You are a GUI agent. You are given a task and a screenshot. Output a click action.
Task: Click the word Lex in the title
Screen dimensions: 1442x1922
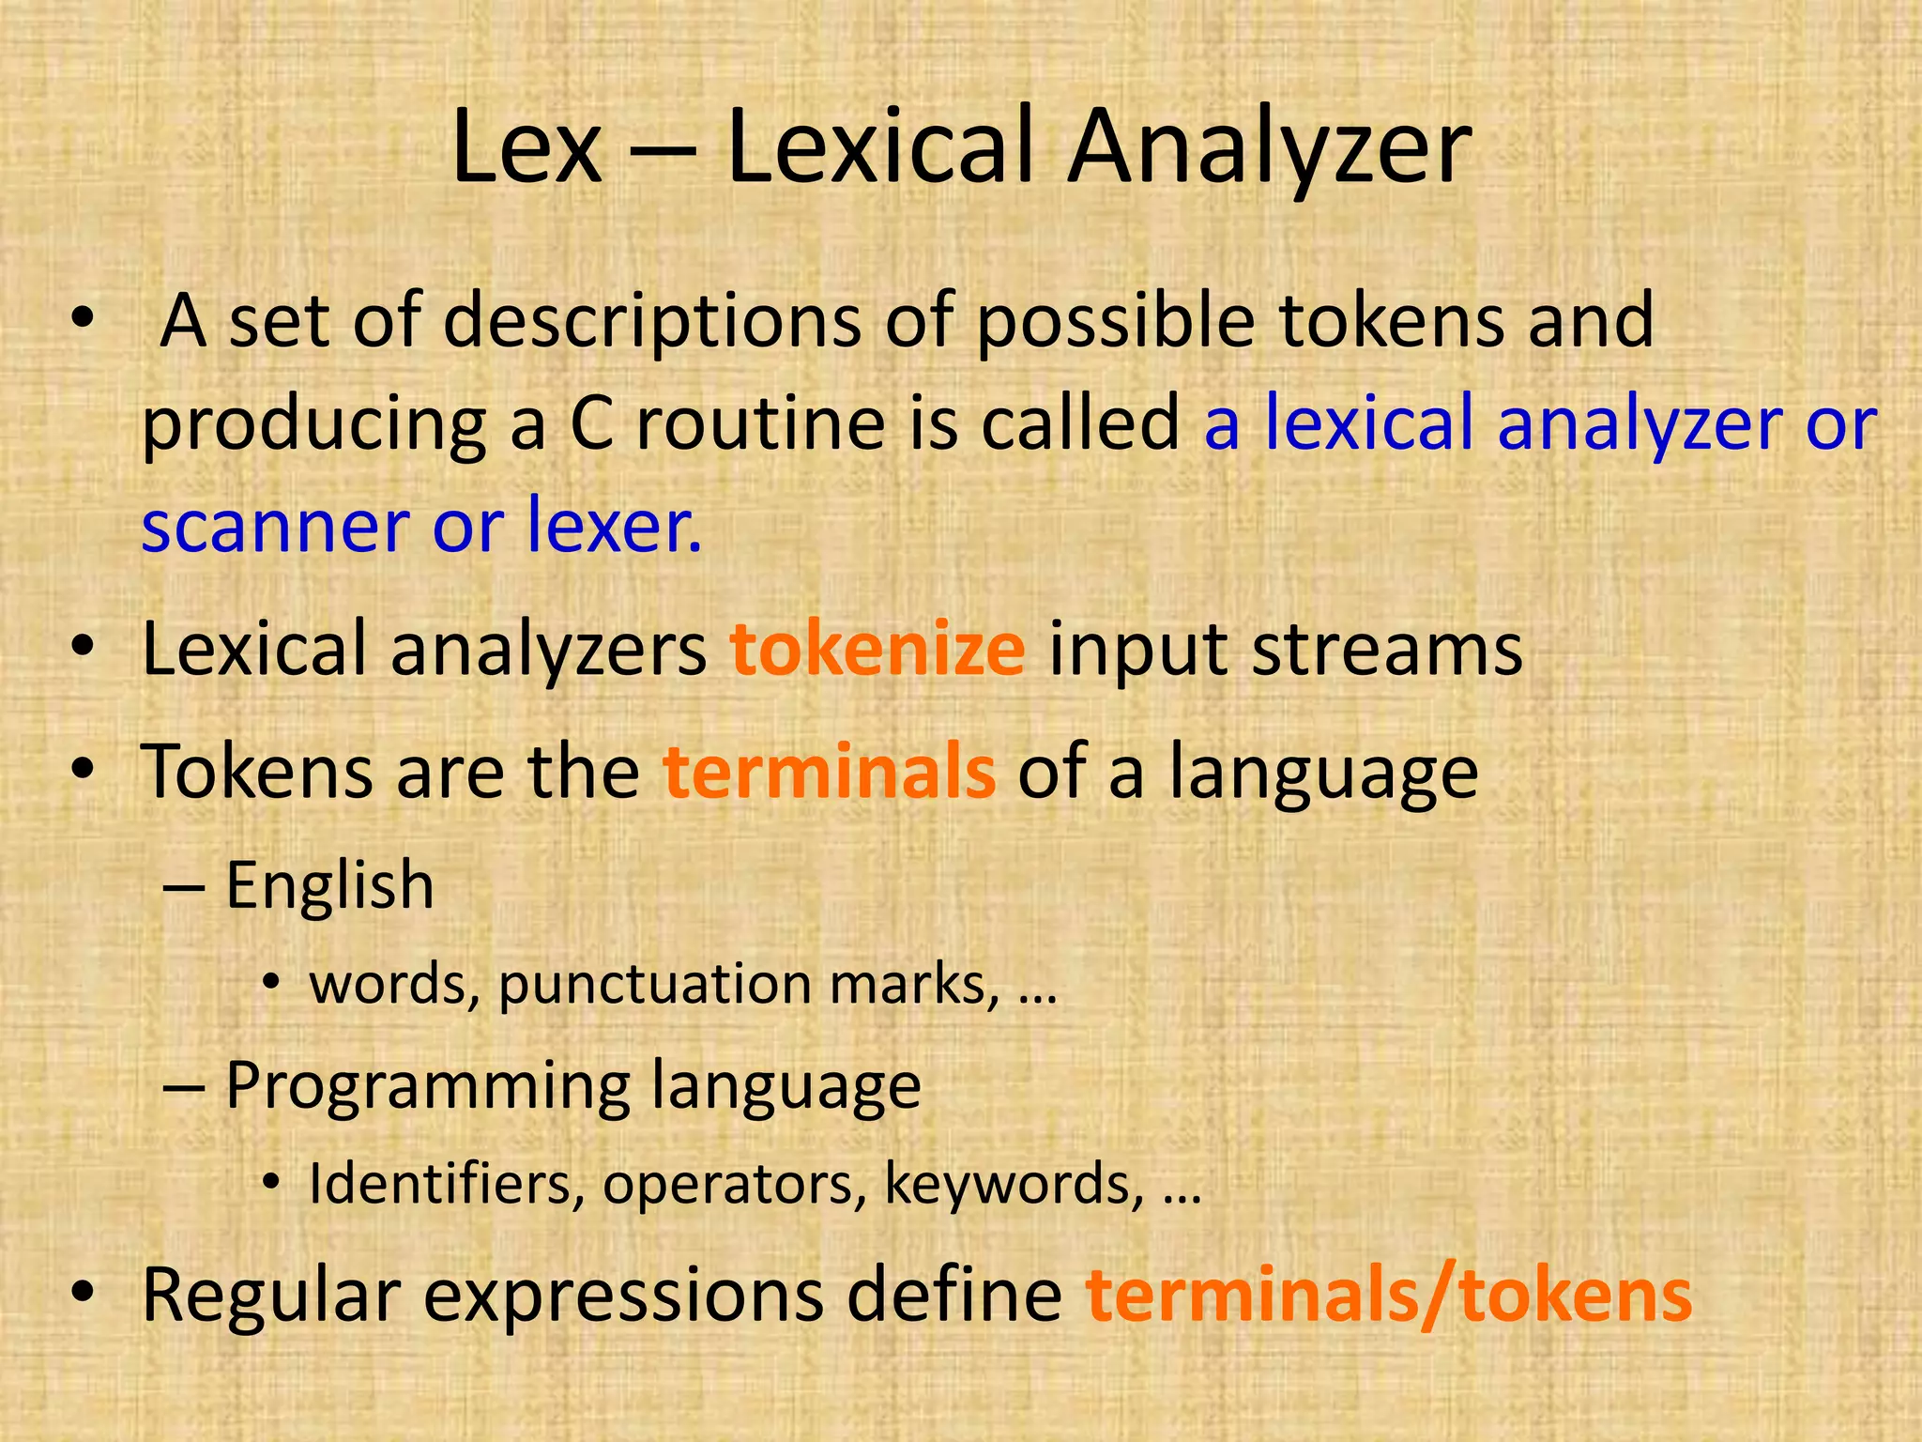pyautogui.click(x=526, y=148)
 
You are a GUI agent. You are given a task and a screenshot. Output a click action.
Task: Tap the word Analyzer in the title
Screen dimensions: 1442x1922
pyautogui.click(x=1270, y=148)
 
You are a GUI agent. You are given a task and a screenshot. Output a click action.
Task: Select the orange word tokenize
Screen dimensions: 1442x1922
pyautogui.click(x=877, y=650)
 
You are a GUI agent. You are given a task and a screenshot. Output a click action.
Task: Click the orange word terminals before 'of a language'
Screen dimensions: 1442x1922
pyautogui.click(x=829, y=772)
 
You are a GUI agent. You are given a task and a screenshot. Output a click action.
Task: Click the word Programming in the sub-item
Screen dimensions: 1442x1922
pyautogui.click(x=428, y=1086)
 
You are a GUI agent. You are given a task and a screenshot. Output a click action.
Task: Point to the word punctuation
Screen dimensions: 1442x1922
pyautogui.click(x=655, y=985)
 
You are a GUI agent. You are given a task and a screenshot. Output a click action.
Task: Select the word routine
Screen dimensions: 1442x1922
pyautogui.click(x=760, y=423)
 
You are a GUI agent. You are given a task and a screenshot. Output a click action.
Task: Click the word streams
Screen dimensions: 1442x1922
pyautogui.click(x=1387, y=650)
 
